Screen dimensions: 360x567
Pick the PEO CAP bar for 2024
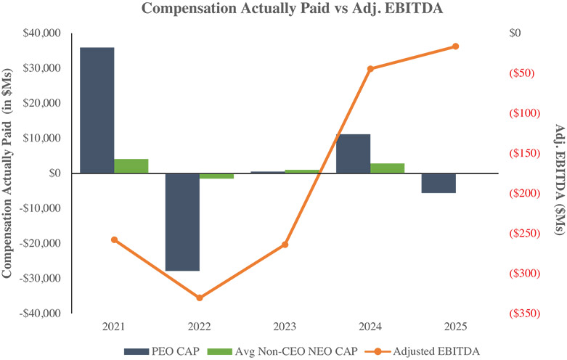(x=353, y=153)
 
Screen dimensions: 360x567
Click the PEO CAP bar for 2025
(x=438, y=183)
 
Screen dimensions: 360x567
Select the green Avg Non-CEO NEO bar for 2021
(x=131, y=165)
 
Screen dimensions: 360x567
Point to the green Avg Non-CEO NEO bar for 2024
(x=387, y=168)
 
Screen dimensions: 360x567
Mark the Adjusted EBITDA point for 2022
(x=200, y=298)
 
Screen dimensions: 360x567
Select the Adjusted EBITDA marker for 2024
(x=370, y=69)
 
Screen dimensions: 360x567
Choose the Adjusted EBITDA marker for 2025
(x=456, y=46)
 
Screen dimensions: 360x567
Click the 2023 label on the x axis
(x=285, y=327)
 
